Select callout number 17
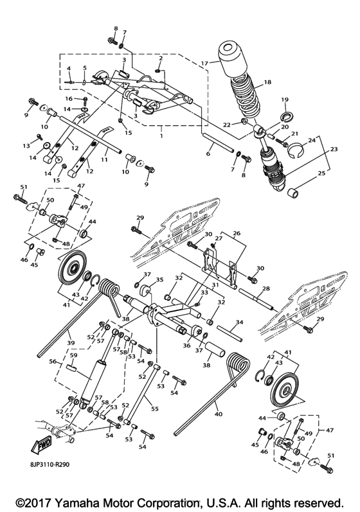[x=204, y=63]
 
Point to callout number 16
[x=68, y=99]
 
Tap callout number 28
[x=265, y=289]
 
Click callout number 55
[x=154, y=408]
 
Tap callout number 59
[x=73, y=355]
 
